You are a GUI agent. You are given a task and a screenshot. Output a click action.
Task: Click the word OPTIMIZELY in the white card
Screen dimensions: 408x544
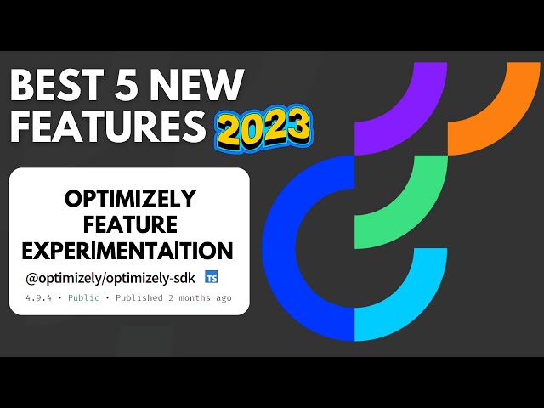[130, 199]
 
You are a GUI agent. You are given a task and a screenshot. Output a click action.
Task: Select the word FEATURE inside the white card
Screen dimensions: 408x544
[130, 225]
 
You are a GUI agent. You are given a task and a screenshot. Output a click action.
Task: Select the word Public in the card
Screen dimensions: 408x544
[83, 297]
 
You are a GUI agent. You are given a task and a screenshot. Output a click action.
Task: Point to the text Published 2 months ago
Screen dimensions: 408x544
[173, 297]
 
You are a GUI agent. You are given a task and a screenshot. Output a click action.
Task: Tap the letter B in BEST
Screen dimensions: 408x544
[22, 87]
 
